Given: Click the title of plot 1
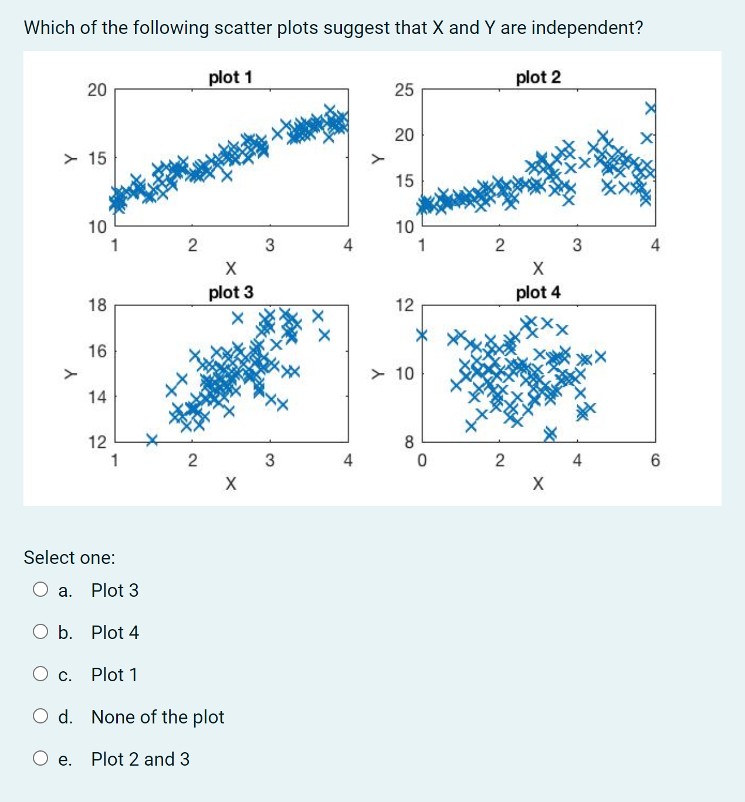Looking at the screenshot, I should pos(231,77).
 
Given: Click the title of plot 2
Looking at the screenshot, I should pos(538,77).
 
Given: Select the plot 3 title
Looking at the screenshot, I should pos(231,292).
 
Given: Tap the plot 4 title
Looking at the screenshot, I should pos(538,292).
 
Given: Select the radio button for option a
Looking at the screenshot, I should pos(40,589).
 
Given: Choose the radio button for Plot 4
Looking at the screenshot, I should pos(40,631).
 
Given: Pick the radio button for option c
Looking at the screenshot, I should pos(40,674).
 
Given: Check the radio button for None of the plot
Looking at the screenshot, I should pos(40,716).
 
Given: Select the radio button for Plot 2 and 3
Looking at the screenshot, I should pos(40,758).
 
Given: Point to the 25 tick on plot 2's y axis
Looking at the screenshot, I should pos(404,90).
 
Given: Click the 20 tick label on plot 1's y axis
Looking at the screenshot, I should pos(97,90).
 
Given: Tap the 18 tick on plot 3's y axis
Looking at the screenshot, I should pos(97,305).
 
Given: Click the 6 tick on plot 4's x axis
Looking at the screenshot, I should pos(655,461).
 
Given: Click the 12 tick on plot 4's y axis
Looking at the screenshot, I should pos(404,305).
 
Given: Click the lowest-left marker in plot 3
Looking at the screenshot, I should pos(152,439).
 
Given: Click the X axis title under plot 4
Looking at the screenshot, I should pos(538,484).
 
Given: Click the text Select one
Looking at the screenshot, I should pos(69,558).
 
